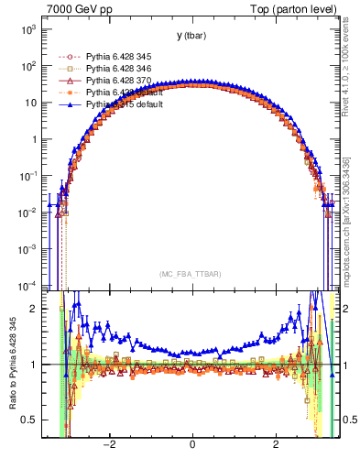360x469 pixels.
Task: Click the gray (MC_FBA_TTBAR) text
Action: [x=191, y=274]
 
